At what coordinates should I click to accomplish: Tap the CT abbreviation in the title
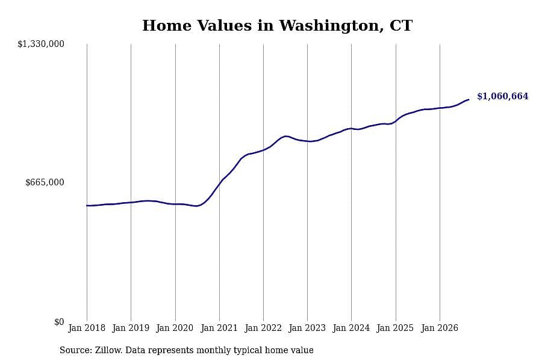point(401,26)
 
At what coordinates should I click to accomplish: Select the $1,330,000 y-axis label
point(41,44)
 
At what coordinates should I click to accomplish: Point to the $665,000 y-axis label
point(45,182)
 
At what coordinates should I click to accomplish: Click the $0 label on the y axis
point(59,322)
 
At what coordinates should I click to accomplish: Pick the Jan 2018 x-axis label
point(87,328)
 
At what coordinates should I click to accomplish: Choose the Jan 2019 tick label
point(131,328)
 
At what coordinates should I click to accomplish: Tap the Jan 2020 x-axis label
point(175,328)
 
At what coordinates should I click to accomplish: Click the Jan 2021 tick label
point(219,328)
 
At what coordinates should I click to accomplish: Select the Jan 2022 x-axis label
point(263,328)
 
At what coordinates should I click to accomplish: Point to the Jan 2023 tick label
point(307,328)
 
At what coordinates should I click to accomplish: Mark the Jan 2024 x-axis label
point(351,328)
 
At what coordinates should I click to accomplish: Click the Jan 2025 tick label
point(395,328)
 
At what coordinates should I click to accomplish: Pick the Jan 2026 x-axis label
point(440,328)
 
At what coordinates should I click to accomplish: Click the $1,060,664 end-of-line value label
point(503,96)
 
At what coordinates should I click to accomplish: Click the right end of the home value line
point(469,99)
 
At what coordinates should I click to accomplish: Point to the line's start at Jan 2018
point(87,206)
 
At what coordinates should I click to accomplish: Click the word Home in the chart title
point(167,26)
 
